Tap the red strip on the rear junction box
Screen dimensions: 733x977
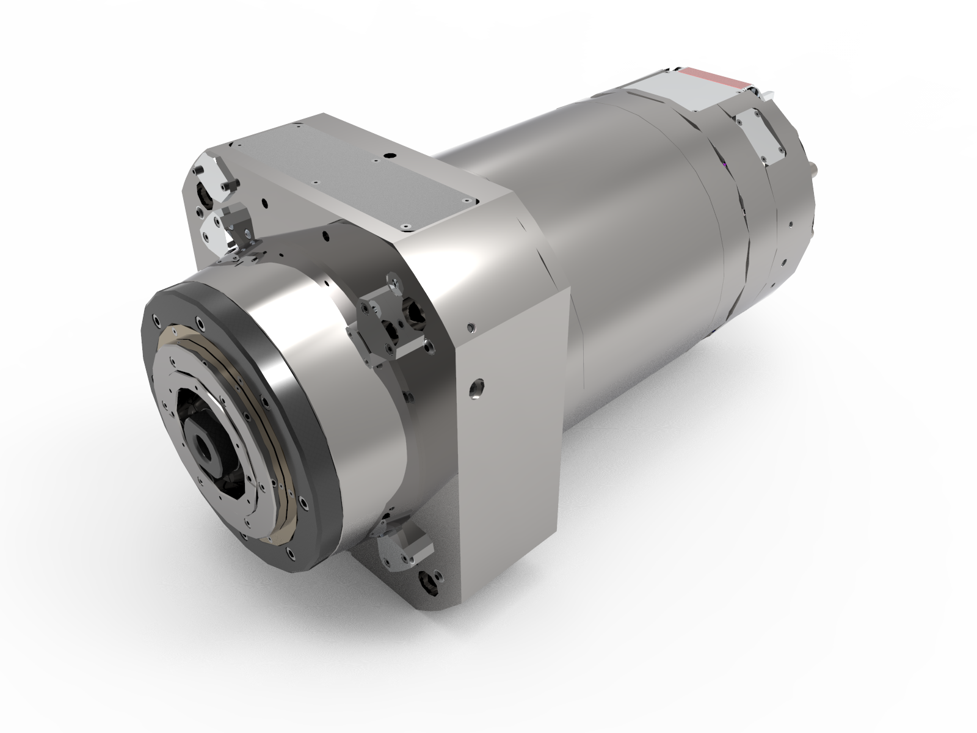(x=714, y=78)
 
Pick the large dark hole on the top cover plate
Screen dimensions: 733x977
(x=386, y=156)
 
